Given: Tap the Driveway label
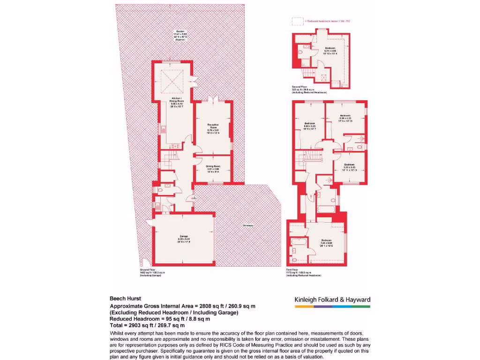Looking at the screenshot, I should point(248,225).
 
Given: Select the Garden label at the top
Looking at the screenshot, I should point(180,35).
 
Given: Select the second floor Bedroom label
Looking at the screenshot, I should point(330,51).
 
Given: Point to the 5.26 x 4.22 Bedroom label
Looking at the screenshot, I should point(345,118).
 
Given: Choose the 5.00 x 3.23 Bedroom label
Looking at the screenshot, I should point(310,126).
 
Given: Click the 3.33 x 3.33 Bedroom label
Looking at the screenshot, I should point(349,167).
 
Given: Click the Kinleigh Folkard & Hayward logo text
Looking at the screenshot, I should point(332,300).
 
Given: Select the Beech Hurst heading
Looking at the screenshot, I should point(125,298).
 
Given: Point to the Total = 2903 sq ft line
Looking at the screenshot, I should point(147,325).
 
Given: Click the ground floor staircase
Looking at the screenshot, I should point(171,157).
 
